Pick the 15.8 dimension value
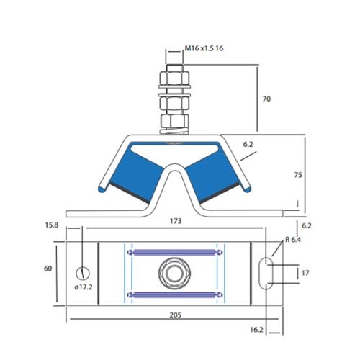[52, 225]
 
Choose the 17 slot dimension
[306, 273]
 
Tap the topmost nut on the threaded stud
[175, 76]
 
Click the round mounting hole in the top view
[83, 273]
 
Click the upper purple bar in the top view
[174, 251]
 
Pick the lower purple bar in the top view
[174, 294]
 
